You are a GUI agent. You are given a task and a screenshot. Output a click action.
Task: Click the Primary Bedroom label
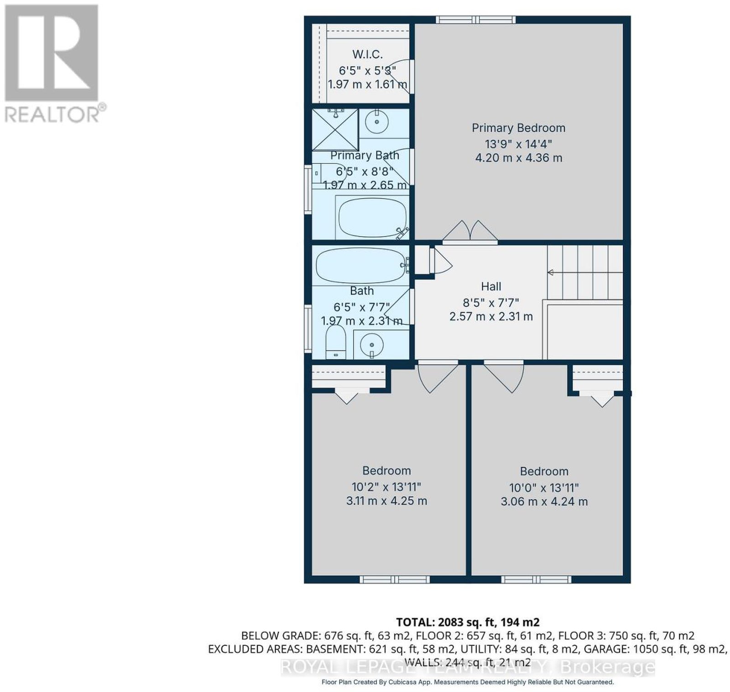coord(518,128)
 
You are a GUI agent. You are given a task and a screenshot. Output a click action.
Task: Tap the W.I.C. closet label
coord(367,54)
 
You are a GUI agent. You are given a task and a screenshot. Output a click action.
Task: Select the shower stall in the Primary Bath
coord(335,129)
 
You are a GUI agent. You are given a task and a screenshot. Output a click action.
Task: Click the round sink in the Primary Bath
coord(377,122)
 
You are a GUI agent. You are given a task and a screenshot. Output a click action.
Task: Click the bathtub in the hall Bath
coord(361,265)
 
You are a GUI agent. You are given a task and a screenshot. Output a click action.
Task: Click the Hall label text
coord(491,286)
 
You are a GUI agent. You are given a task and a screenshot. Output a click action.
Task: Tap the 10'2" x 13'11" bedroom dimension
coord(386,486)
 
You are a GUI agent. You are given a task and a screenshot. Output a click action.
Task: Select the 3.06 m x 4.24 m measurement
coord(544,502)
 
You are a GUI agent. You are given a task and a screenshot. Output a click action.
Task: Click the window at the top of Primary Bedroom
coord(476,20)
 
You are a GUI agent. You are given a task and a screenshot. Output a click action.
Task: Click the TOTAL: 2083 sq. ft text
coord(468,622)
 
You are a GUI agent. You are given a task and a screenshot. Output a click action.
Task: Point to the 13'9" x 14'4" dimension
coord(518,144)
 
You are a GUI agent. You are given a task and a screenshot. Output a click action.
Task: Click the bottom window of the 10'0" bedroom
coord(536,579)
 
